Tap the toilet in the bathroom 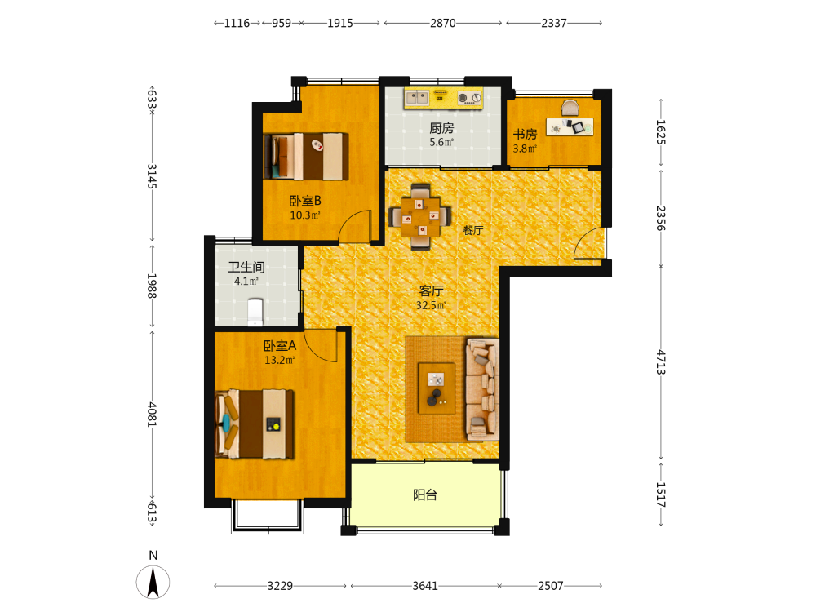(255, 312)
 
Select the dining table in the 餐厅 (420, 216)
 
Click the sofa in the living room (482, 389)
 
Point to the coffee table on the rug (437, 388)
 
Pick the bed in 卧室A (255, 424)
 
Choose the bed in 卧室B (306, 156)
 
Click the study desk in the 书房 (570, 126)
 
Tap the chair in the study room (570, 108)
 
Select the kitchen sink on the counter (417, 97)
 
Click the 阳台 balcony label (425, 494)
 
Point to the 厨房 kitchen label (441, 128)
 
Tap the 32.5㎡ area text (431, 305)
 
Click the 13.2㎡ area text (280, 360)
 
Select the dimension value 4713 (660, 362)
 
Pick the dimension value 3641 (425, 586)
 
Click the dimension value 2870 (443, 23)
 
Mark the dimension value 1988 (152, 286)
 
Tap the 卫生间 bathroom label (246, 267)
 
